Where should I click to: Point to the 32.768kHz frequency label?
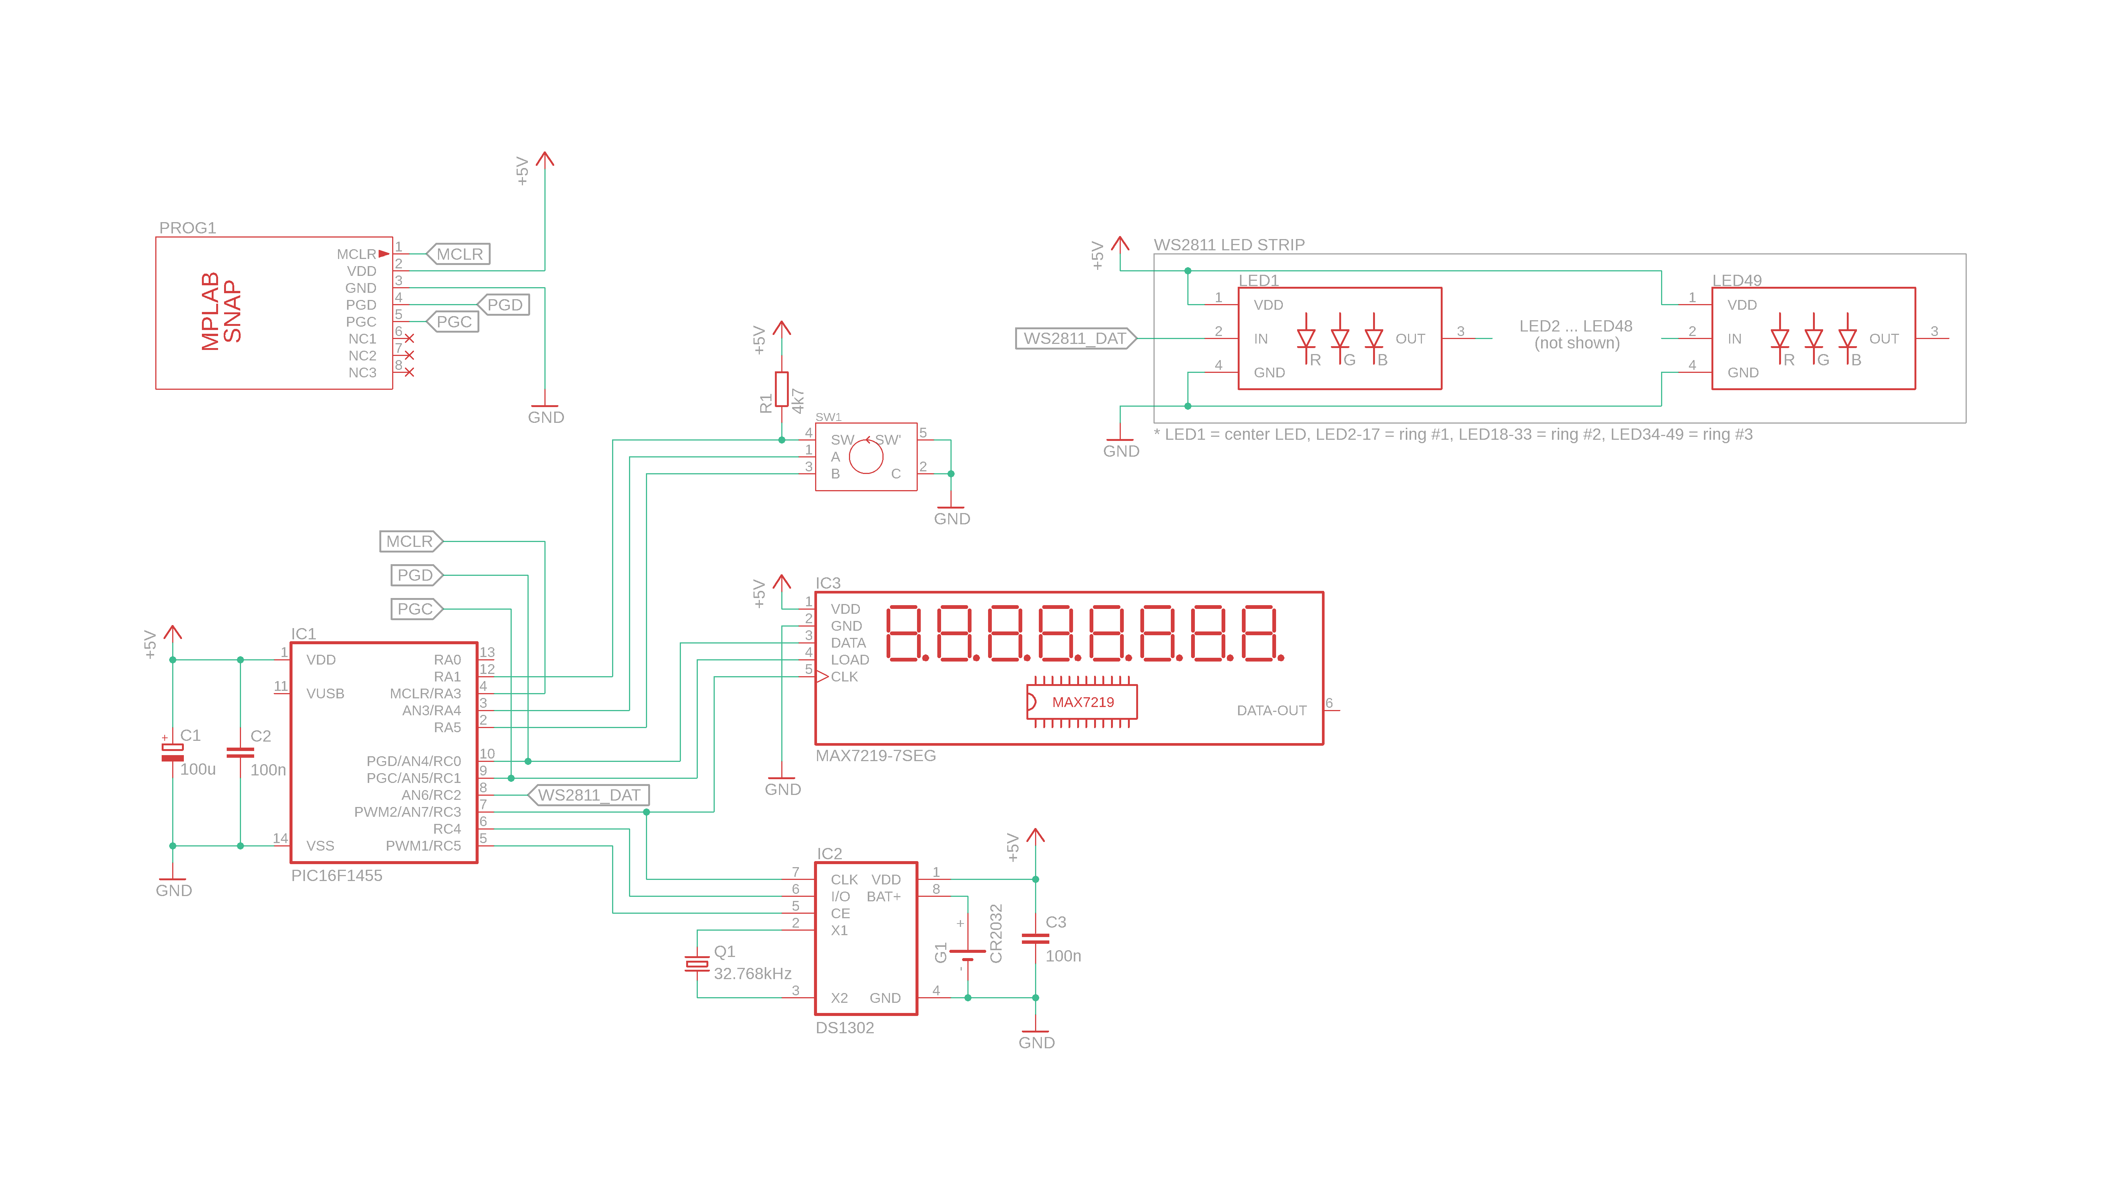(x=752, y=974)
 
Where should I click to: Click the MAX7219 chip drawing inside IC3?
(x=1082, y=702)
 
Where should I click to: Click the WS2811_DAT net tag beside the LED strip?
(x=1075, y=338)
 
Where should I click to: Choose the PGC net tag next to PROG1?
(x=453, y=322)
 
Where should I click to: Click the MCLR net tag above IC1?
(x=410, y=541)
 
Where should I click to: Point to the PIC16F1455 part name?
(x=337, y=875)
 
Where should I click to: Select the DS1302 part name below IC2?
(x=844, y=1028)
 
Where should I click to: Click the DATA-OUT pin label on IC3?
(x=1271, y=710)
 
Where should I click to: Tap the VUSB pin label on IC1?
(x=325, y=694)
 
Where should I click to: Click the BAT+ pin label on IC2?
(x=884, y=897)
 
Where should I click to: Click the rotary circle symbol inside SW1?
(x=866, y=457)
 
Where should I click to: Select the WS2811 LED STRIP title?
(x=1229, y=245)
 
